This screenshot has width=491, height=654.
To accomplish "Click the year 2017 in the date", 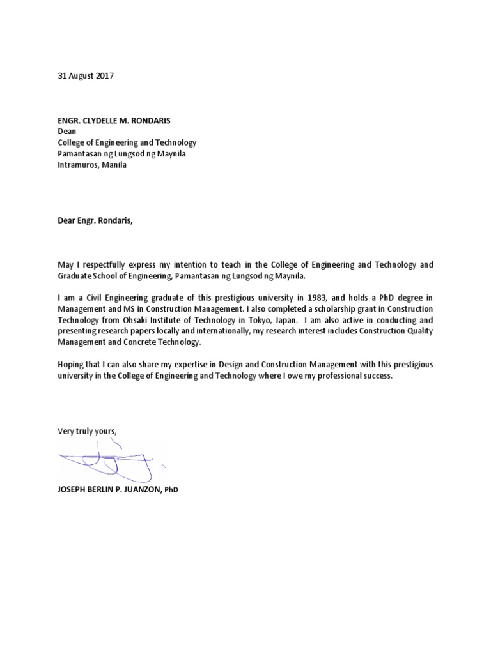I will pos(104,75).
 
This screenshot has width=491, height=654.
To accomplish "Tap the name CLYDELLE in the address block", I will pos(104,121).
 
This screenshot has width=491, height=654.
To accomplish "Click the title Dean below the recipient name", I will pos(66,132).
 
